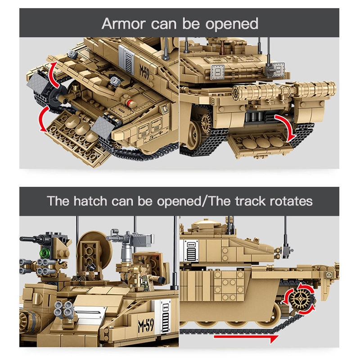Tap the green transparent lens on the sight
click(45, 254)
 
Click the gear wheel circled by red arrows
click(297, 299)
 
